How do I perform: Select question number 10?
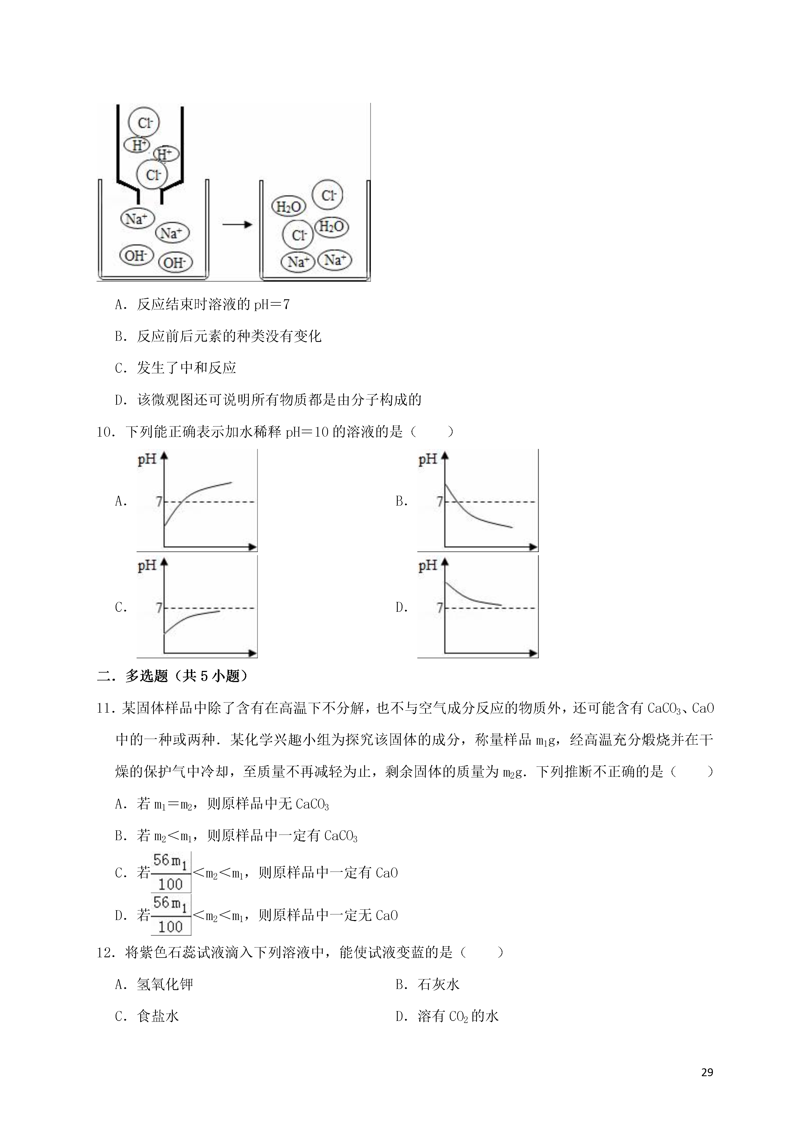[x=106, y=432]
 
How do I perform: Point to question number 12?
[x=106, y=953]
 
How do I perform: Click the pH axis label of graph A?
[x=147, y=459]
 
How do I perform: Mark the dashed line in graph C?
[x=235, y=608]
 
